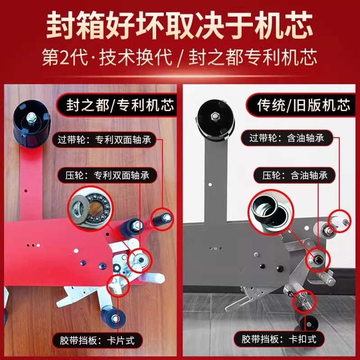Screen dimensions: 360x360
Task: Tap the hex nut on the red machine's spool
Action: pos(32,117)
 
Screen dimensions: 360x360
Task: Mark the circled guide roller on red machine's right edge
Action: pos(162,219)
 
